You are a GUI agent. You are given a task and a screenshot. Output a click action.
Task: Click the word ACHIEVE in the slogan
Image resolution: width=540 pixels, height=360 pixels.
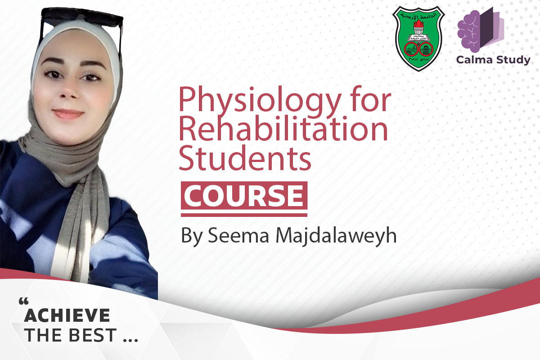click(67, 316)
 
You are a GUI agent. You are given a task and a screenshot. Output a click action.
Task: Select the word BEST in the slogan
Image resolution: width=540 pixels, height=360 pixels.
click(94, 336)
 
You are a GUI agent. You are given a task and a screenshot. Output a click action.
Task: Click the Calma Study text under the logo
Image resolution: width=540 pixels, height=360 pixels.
click(493, 60)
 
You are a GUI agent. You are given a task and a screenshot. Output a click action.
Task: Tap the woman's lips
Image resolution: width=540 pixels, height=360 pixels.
click(68, 114)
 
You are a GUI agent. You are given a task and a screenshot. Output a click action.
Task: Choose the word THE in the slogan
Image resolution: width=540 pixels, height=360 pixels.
click(43, 336)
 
